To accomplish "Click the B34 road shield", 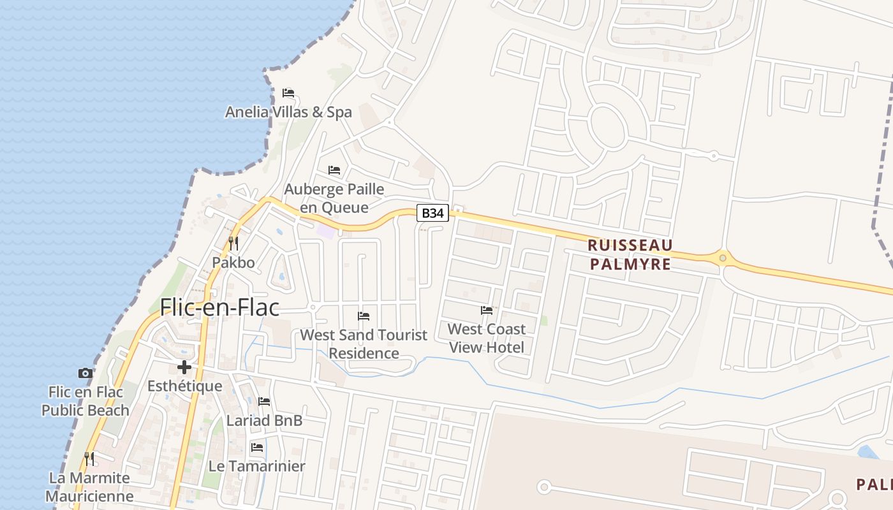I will pos(432,213).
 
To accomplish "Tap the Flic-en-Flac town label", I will pos(219,307).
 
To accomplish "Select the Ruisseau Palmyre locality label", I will pos(630,254).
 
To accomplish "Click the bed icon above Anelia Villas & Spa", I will pos(288,93).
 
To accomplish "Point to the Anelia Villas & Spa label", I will pos(288,112).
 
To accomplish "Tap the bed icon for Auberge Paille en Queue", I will pos(334,170).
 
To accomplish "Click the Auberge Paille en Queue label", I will pos(334,198).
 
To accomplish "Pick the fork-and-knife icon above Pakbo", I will pos(233,244).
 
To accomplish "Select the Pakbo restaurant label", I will pos(233,263).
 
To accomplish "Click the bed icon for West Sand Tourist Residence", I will pos(364,316).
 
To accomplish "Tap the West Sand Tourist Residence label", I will pos(364,344).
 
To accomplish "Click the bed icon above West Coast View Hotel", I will pos(487,310).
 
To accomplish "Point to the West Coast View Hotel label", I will pos(487,338).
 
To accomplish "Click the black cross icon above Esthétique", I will pos(184,367).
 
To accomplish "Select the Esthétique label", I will pos(185,386).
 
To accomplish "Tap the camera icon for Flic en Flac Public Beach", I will pos(85,374).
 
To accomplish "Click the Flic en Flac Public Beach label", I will pos(85,401).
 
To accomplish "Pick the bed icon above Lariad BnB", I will pos(264,402).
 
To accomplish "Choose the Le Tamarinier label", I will pos(257,466).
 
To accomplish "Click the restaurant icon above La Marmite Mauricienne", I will pos(90,458).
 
